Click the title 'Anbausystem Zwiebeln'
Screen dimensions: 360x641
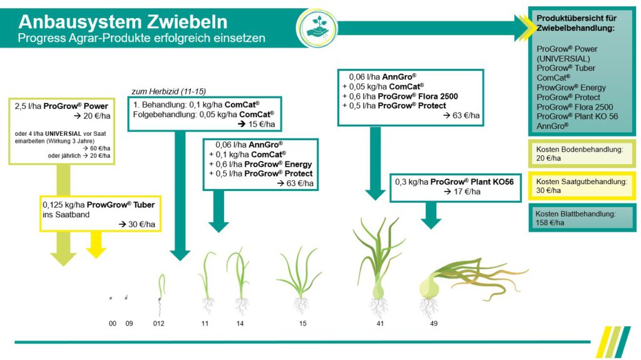click(123, 22)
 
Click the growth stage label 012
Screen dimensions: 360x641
click(158, 323)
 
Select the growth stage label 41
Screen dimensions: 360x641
click(380, 323)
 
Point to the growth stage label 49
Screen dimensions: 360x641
click(434, 323)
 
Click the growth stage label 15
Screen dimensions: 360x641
click(303, 323)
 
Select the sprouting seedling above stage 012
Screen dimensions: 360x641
click(160, 291)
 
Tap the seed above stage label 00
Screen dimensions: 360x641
click(111, 298)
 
